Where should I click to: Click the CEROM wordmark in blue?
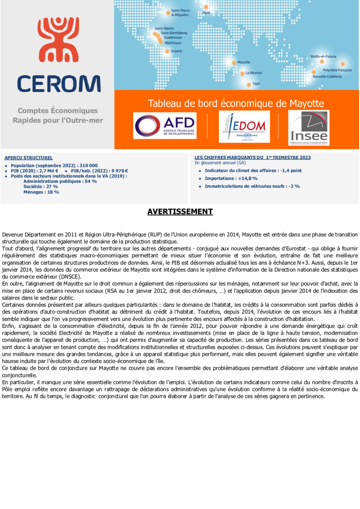[x=59, y=84]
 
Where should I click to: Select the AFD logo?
[x=165, y=126]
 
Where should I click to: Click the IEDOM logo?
[x=244, y=126]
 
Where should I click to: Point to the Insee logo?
[x=309, y=128]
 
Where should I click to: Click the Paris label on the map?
[x=207, y=13]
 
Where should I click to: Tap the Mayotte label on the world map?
[x=243, y=62]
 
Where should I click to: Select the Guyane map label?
[x=176, y=51]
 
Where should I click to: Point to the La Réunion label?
[x=254, y=73]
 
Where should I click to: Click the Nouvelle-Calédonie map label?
[x=327, y=76]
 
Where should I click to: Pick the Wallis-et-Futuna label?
[x=323, y=56]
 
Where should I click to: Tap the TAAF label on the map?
[x=256, y=84]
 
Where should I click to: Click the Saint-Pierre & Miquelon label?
[x=180, y=12]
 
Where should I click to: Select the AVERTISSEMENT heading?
[x=180, y=212]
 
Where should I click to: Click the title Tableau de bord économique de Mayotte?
[x=236, y=103]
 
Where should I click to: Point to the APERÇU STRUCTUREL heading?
[x=28, y=158]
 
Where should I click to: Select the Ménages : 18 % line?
[x=41, y=192]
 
